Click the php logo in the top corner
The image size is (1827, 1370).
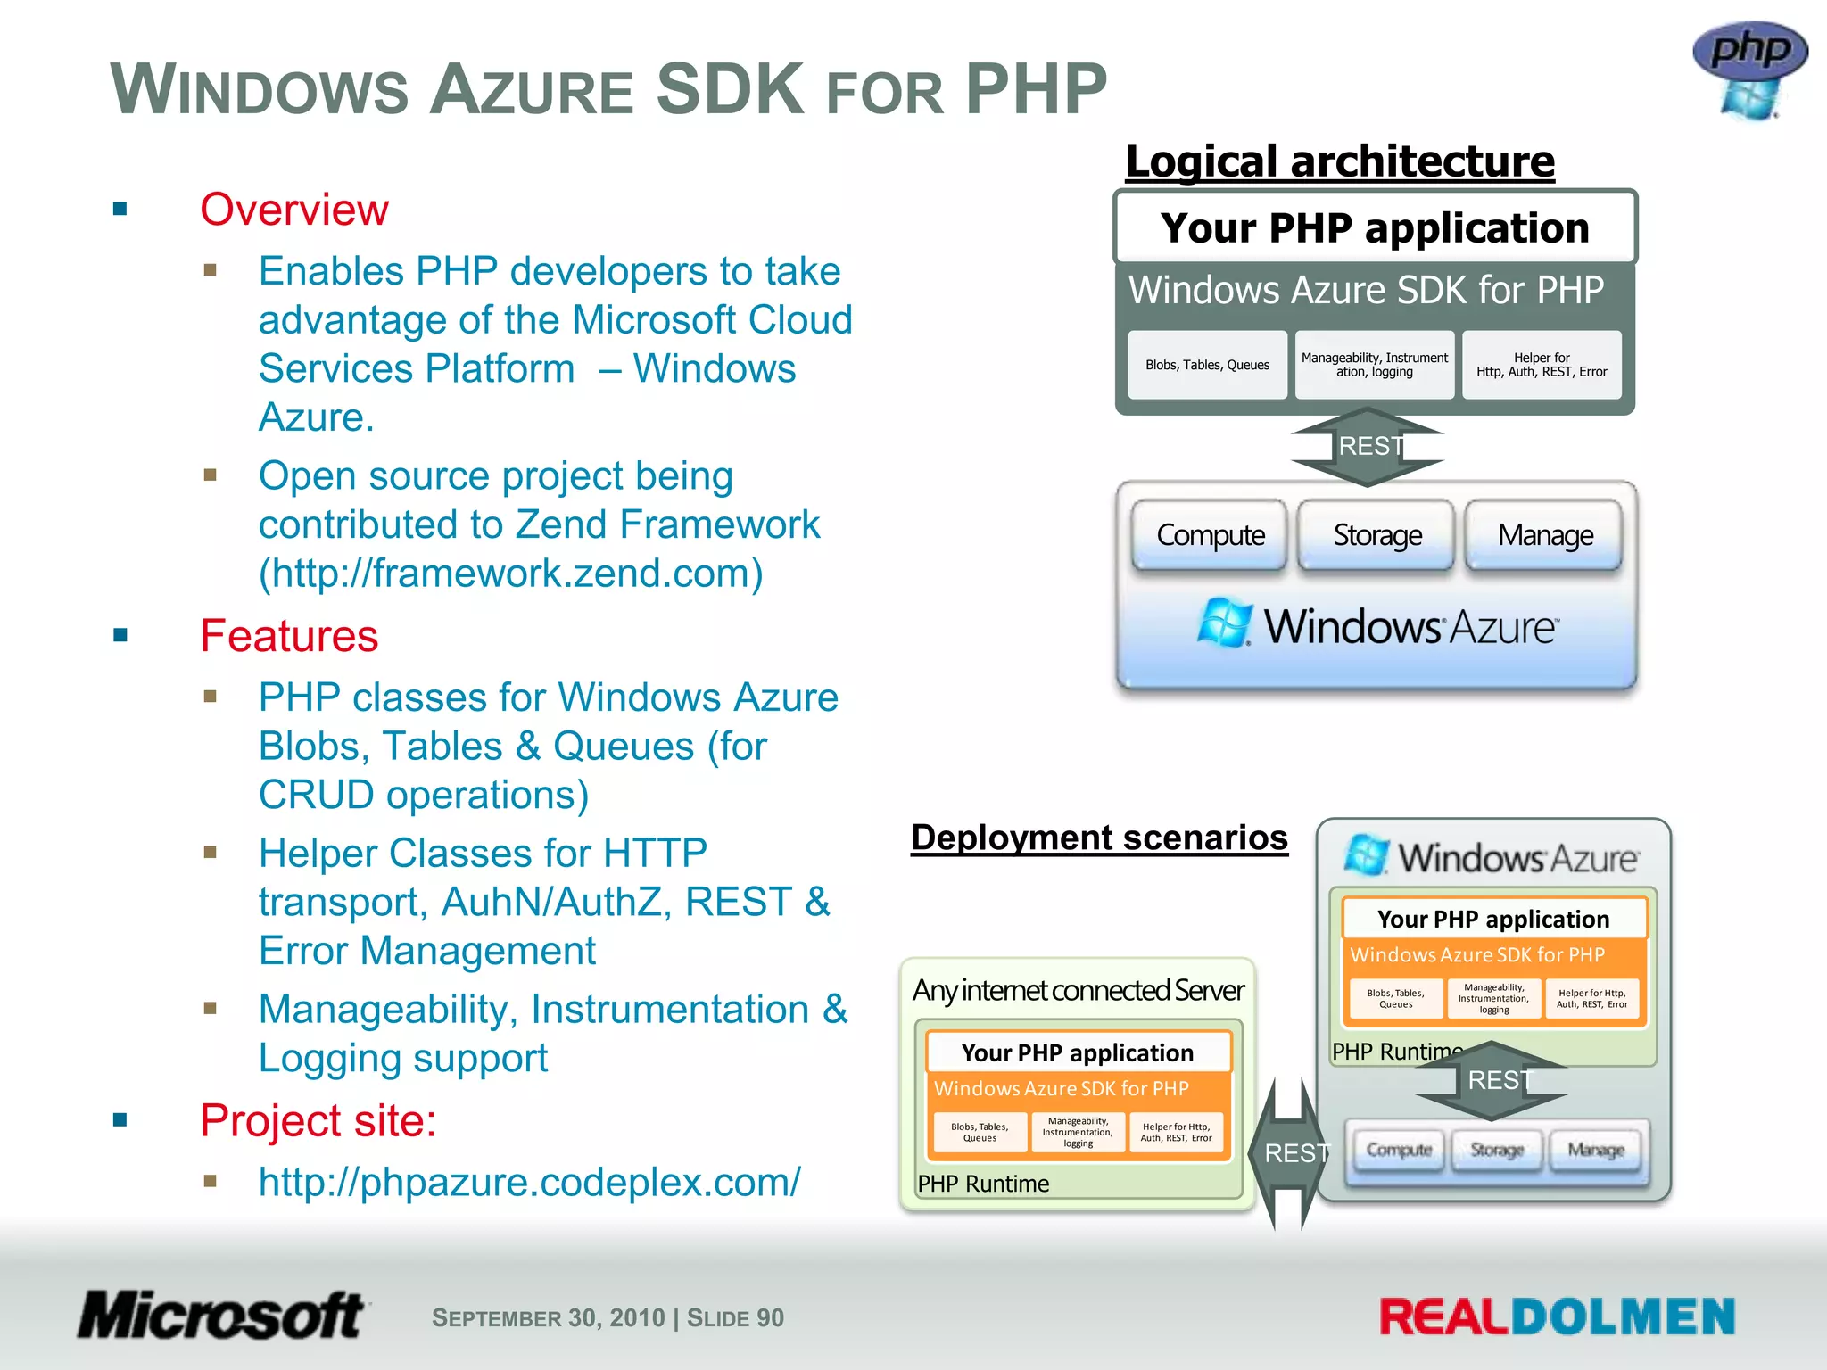(x=1749, y=68)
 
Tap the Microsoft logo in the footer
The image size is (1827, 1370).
(x=220, y=1316)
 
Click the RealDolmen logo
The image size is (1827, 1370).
(x=1557, y=1317)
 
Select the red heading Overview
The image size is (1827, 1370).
(x=294, y=210)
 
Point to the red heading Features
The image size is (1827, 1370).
(x=289, y=637)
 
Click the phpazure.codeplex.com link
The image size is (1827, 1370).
(x=529, y=1183)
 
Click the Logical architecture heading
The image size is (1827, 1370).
(x=1340, y=162)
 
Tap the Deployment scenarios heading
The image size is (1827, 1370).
(x=1099, y=838)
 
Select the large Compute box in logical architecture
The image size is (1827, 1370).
(x=1210, y=535)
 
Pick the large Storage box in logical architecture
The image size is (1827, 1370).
(x=1376, y=535)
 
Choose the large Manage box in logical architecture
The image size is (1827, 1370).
(x=1544, y=535)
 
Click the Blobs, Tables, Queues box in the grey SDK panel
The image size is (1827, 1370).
(x=1207, y=365)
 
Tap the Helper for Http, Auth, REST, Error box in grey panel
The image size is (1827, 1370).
(x=1542, y=365)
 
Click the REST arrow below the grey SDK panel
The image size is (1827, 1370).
(x=1368, y=447)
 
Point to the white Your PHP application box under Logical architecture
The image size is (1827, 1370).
(x=1375, y=228)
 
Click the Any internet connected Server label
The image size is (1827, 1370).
(x=1078, y=991)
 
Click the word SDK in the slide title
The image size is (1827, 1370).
(x=730, y=89)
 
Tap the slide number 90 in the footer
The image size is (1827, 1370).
(x=770, y=1318)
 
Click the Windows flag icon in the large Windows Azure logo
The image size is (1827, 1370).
(x=1224, y=623)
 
